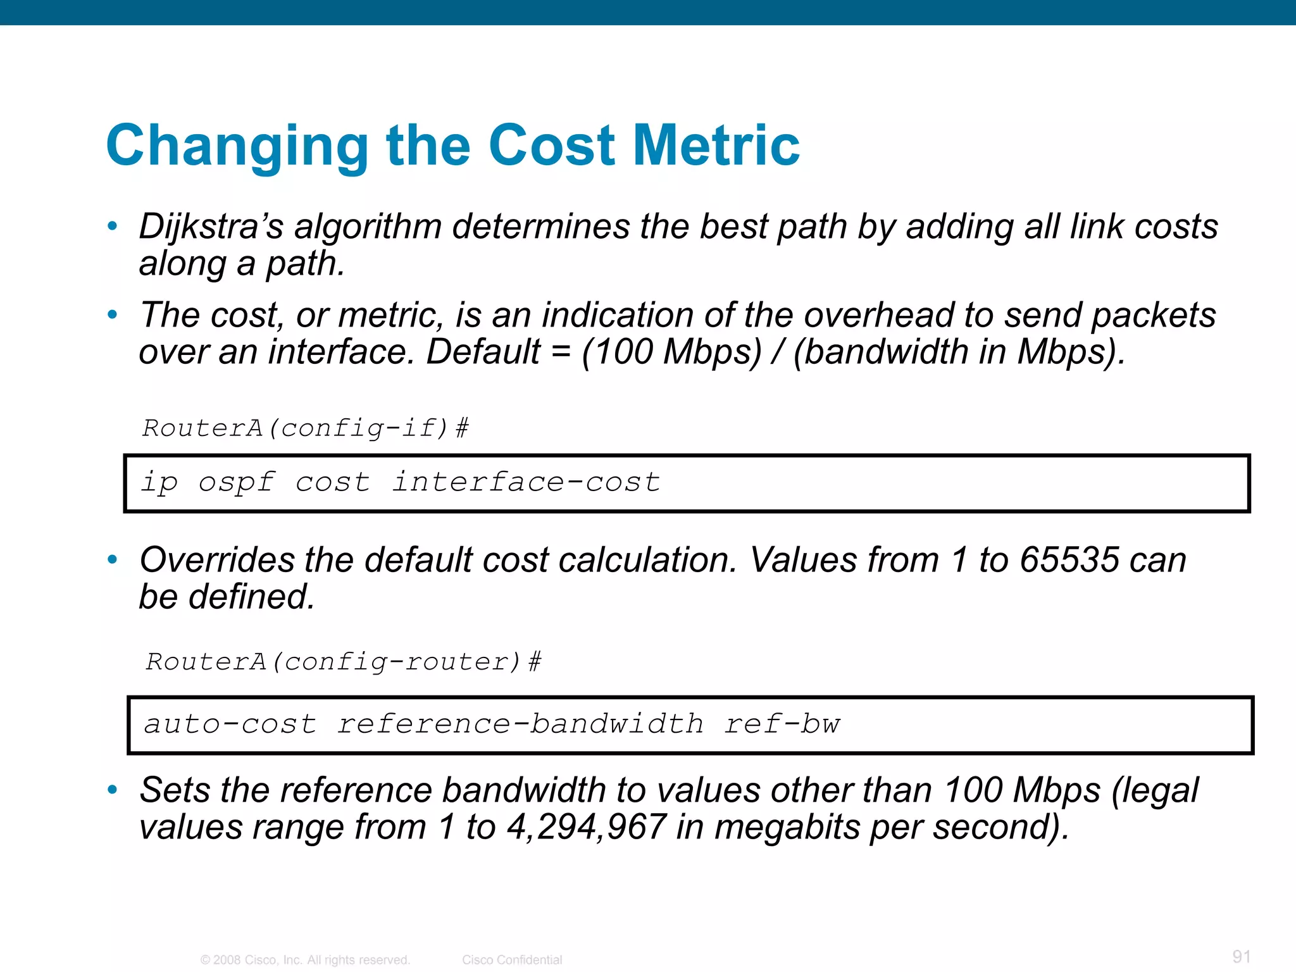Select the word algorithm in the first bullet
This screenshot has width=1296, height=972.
point(368,227)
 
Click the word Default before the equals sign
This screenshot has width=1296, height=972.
point(483,352)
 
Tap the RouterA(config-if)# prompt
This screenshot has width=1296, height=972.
point(305,428)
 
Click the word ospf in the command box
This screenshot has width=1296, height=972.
point(236,483)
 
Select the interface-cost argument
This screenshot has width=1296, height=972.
point(526,482)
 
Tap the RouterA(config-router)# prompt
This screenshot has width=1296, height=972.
point(344,662)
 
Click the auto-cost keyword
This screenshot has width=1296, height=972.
point(230,724)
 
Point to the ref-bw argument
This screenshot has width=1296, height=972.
point(782,724)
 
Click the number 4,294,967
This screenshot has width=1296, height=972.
point(586,827)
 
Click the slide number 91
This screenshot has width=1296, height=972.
point(1242,956)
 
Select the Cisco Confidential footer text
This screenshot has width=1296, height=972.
point(512,960)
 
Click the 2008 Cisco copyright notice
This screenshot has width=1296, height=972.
point(305,960)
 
